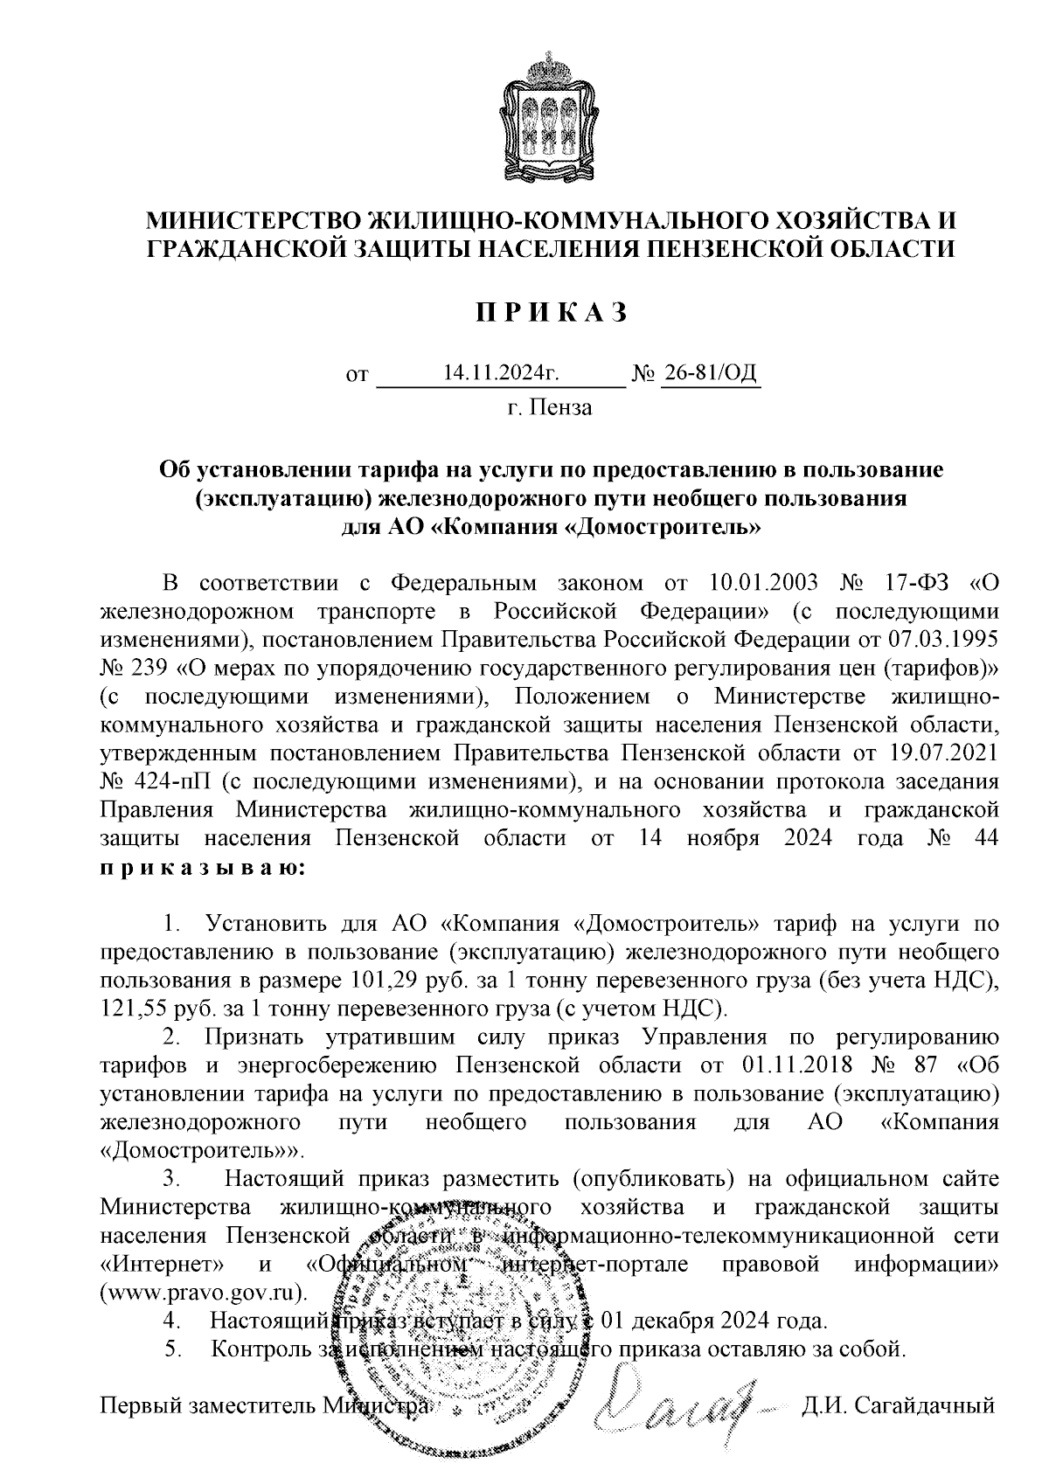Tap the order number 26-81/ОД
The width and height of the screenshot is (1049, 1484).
pos(711,374)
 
